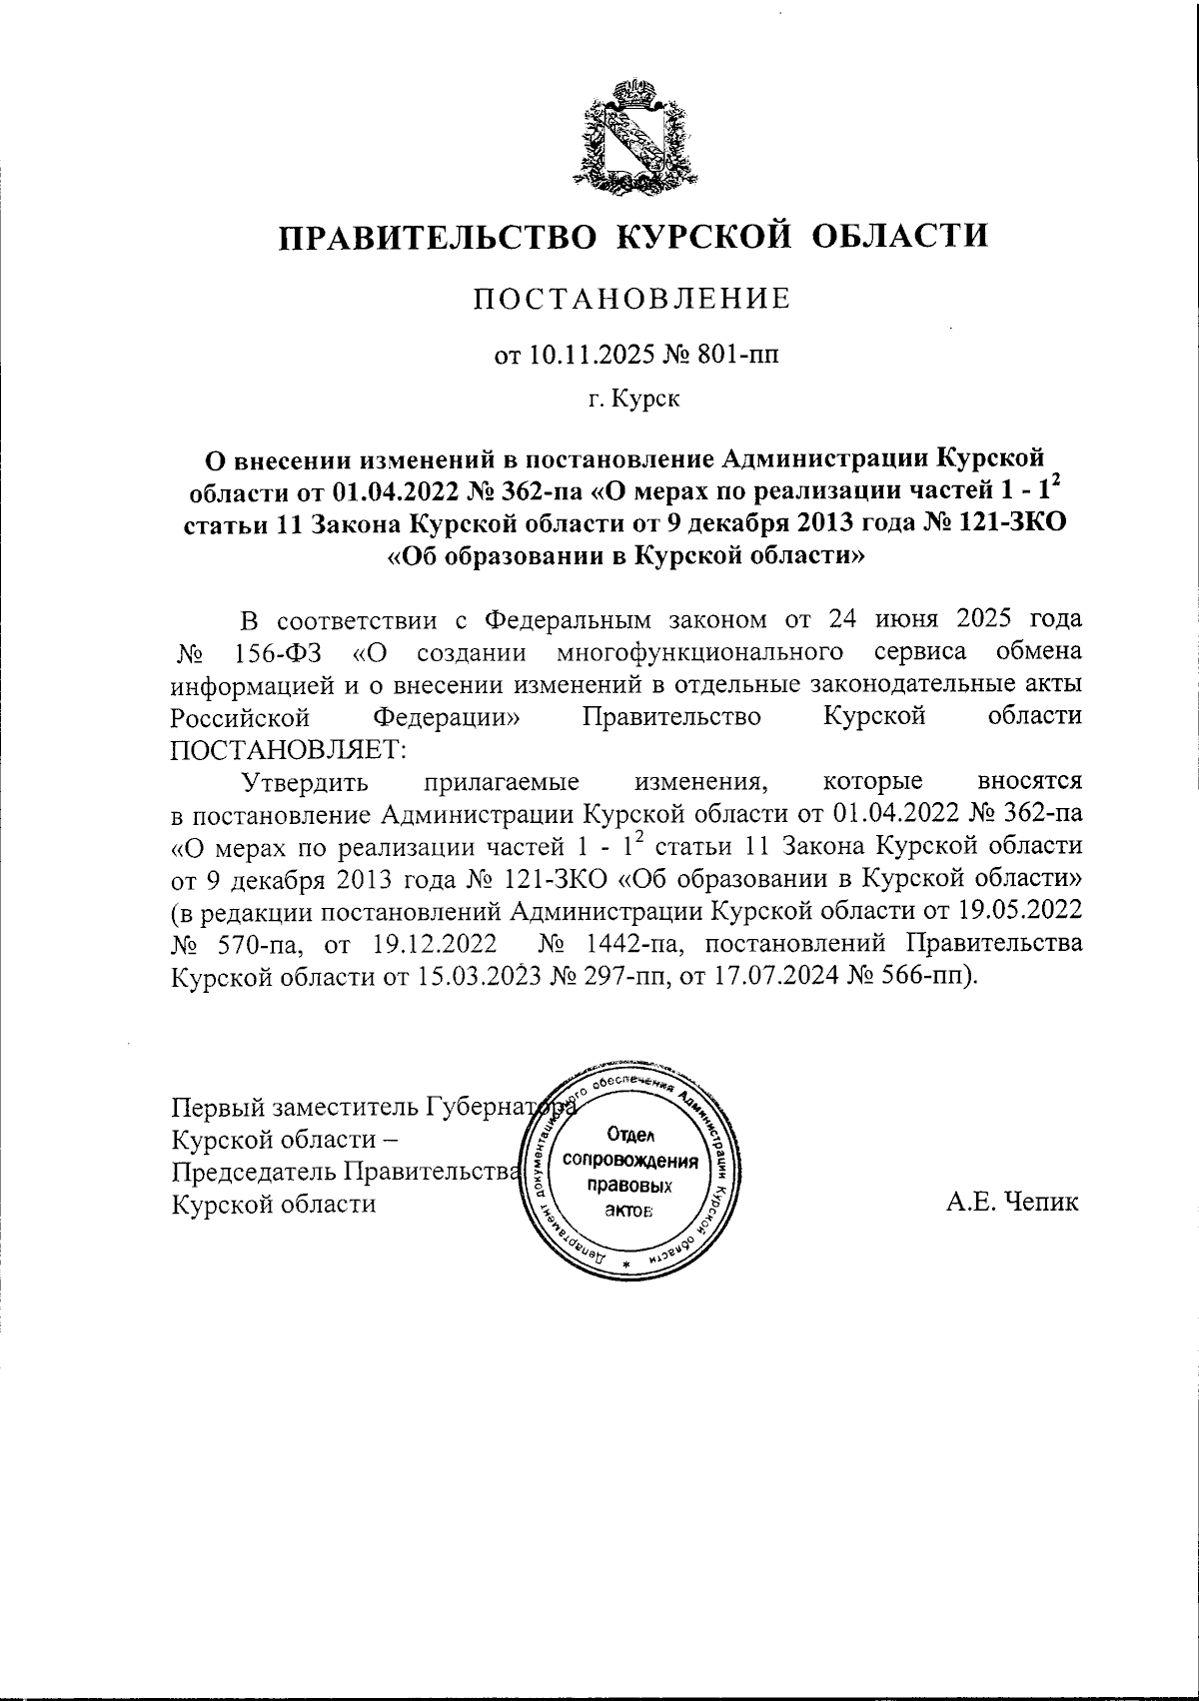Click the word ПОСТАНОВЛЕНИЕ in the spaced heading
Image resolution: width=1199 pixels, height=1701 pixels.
pyautogui.click(x=631, y=299)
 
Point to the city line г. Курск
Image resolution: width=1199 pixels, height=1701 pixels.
pyautogui.click(x=633, y=401)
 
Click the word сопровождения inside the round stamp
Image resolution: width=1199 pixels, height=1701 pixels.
pyautogui.click(x=629, y=1161)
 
